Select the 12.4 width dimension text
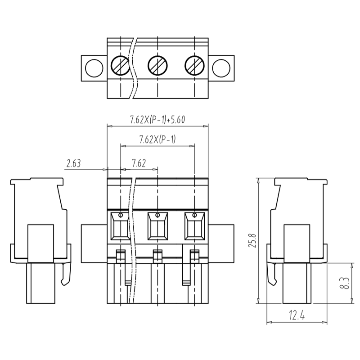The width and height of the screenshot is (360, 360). pos(297,316)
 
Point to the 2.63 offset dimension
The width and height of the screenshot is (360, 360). pos(73,164)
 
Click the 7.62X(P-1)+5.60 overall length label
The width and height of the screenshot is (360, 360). pos(157,120)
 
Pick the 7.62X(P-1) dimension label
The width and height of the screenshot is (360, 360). pos(157,139)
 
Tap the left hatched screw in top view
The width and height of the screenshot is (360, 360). pos(121,67)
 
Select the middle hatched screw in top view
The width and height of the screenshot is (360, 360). pos(157,67)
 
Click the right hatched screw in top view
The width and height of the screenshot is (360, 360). pos(194,67)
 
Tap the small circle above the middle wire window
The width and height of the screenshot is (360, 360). pos(157,215)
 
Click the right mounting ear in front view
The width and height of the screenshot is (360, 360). pos(221,243)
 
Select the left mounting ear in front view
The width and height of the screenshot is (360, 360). pos(94,243)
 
